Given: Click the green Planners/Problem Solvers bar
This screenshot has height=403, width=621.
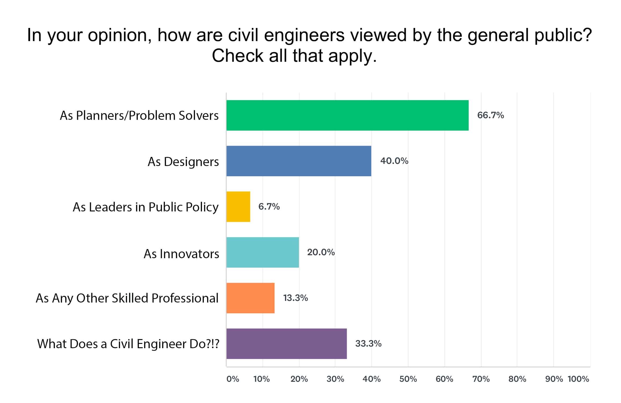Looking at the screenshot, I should [x=347, y=115].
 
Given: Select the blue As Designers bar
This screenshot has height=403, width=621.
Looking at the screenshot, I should [x=299, y=161].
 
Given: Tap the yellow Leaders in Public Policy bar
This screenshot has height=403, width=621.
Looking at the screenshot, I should [x=238, y=207].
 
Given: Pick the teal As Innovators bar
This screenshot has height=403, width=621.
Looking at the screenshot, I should [x=262, y=252].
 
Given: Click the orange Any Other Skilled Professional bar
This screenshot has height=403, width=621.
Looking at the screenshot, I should [x=250, y=298].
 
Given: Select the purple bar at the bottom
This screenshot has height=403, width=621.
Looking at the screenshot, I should [x=286, y=344].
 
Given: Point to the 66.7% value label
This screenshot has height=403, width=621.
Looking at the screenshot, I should [x=490, y=115].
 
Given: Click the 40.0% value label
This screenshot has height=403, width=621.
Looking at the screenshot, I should [x=394, y=161].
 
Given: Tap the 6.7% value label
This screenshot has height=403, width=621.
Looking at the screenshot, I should [x=269, y=207].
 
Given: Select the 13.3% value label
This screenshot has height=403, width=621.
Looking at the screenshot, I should [x=295, y=298].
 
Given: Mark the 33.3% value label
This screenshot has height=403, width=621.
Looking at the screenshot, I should [x=368, y=344].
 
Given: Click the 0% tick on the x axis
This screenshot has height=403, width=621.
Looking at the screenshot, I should [x=233, y=379].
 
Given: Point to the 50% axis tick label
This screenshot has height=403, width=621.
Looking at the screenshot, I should [x=408, y=379].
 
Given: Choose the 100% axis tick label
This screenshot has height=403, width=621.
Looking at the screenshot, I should [x=578, y=379].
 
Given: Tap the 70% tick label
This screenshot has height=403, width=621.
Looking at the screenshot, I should [x=481, y=379].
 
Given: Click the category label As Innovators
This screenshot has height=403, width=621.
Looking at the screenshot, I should [x=181, y=254].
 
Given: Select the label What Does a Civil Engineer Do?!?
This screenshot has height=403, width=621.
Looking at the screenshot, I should [x=128, y=344].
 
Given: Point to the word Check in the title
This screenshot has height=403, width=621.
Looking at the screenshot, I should [x=238, y=56].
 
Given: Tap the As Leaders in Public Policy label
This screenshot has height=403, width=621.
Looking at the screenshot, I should [x=146, y=207].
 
